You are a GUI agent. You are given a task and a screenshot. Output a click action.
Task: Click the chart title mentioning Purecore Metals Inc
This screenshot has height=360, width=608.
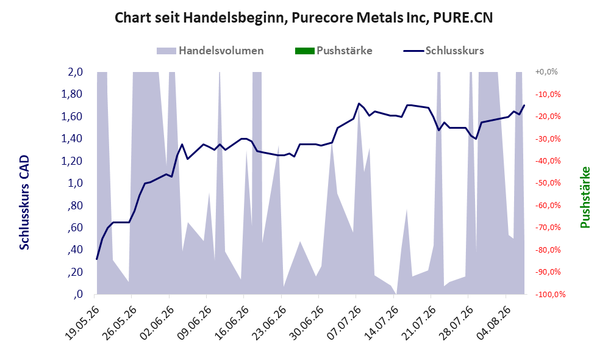point(304,18)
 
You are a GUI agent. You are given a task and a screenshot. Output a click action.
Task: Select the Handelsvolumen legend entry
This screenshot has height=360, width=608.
point(210,51)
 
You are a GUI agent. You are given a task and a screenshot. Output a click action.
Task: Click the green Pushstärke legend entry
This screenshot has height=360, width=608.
point(334,51)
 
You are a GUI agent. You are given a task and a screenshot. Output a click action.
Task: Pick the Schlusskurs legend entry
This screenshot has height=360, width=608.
point(443,51)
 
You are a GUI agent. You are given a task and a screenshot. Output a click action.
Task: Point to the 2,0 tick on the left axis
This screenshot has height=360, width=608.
point(75,72)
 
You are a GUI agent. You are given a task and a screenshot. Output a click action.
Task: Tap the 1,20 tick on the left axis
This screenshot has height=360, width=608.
point(72,160)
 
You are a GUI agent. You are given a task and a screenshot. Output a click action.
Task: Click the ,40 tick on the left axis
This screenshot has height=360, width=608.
point(75,250)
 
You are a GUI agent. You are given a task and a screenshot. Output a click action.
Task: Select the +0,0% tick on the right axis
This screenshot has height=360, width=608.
point(546,72)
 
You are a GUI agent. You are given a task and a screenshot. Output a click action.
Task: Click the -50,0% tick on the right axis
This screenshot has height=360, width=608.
point(548,182)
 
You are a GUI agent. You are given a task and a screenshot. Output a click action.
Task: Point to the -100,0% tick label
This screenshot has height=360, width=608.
point(550,295)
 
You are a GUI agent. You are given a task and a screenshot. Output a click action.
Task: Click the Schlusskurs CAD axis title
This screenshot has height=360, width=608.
point(24,202)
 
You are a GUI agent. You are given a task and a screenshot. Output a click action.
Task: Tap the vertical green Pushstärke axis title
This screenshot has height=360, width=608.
point(585,197)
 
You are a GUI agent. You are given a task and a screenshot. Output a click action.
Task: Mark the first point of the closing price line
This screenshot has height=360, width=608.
point(97,259)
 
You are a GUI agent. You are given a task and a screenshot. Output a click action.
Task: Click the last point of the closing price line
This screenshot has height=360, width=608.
point(524,105)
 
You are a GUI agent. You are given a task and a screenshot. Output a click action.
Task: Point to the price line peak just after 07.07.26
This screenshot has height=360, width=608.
point(359,103)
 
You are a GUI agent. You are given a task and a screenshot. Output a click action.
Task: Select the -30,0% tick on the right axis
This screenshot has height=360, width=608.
point(548,139)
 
